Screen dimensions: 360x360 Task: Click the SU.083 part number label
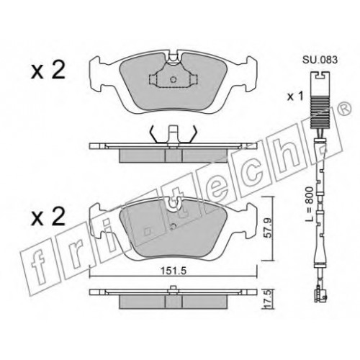point(320,60)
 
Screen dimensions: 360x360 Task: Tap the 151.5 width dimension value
point(174,271)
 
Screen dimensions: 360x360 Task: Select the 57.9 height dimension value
point(267,228)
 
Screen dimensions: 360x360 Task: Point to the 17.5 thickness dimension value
point(269,297)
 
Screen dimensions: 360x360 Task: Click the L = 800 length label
point(310,204)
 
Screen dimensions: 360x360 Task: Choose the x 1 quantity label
point(295,97)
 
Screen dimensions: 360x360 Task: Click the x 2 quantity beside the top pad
point(48,70)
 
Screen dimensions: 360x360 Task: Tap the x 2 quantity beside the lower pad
point(48,217)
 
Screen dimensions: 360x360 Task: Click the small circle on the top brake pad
point(173,79)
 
